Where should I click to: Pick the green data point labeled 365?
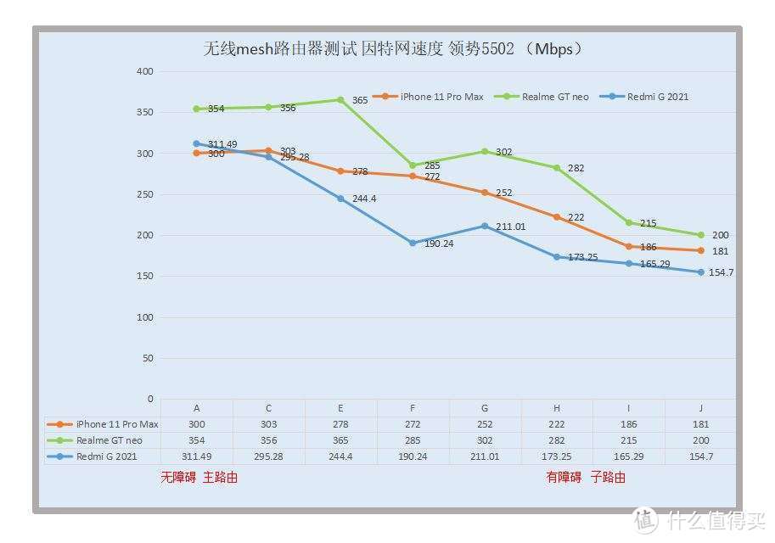pyautogui.click(x=340, y=100)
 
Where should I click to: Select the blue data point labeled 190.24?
pyautogui.click(x=413, y=243)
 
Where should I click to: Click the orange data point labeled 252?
pyautogui.click(x=485, y=193)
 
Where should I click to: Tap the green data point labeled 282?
pyautogui.click(x=557, y=168)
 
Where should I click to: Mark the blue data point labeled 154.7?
pyautogui.click(x=700, y=272)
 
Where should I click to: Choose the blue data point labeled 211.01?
pyautogui.click(x=485, y=226)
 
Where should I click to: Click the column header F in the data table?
pyautogui.click(x=413, y=407)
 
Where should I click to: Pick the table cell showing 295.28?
pyautogui.click(x=268, y=456)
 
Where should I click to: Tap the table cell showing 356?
pyautogui.click(x=268, y=440)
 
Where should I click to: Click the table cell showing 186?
pyautogui.click(x=628, y=423)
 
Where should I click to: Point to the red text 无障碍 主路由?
pyautogui.click(x=199, y=478)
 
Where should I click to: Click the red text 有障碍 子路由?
pyautogui.click(x=586, y=478)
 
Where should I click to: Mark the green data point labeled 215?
pyautogui.click(x=629, y=222)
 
